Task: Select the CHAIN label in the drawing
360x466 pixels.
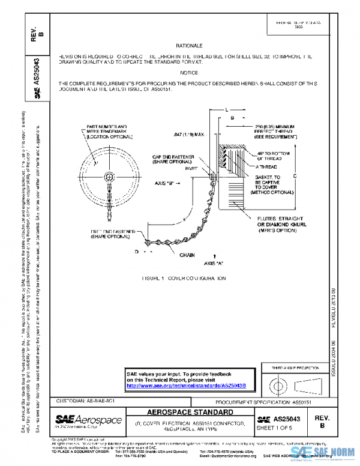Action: click(x=188, y=255)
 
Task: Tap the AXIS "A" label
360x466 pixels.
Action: click(x=214, y=263)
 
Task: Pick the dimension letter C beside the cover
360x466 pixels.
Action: click(x=295, y=175)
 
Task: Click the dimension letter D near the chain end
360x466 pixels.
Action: click(x=136, y=251)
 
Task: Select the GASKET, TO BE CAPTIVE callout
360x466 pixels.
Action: click(x=268, y=182)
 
